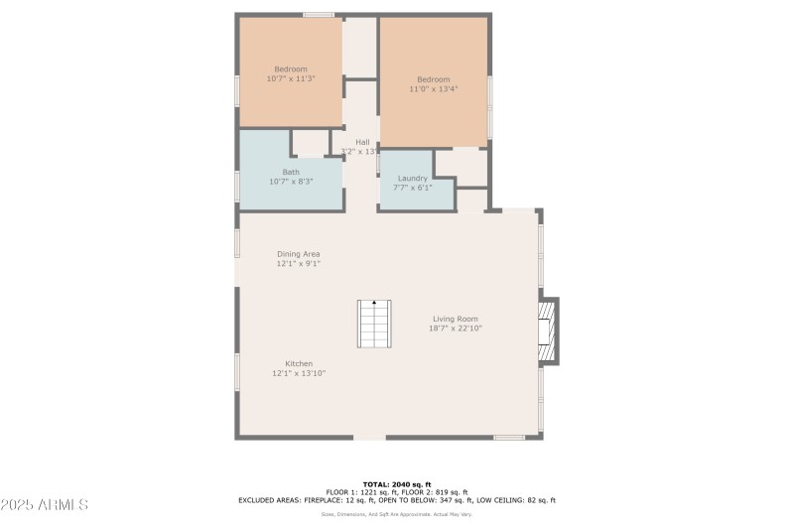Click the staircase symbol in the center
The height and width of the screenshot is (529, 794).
[x=374, y=324]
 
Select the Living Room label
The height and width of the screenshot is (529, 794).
[x=456, y=319]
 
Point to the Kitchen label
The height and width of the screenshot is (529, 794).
[x=299, y=363]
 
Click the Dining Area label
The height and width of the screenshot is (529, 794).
[x=298, y=254]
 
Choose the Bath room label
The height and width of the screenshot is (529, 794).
[x=291, y=172]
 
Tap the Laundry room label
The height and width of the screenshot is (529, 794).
[x=413, y=178]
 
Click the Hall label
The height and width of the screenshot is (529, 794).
[x=362, y=142]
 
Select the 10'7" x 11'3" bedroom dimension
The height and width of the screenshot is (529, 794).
[x=291, y=78]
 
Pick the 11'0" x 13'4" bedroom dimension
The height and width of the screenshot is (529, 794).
[x=434, y=89]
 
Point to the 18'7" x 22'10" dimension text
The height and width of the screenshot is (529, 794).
[x=456, y=329]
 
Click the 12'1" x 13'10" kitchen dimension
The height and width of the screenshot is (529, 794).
[x=299, y=373]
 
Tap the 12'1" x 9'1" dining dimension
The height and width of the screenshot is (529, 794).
[x=298, y=264]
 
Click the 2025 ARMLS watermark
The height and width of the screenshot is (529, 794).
[x=45, y=505]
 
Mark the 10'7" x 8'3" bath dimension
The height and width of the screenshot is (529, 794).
[x=291, y=182]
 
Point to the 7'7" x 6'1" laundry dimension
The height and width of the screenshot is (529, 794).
[x=413, y=187]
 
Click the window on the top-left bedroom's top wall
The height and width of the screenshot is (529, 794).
[x=318, y=15]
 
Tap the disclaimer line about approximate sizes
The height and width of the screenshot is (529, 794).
[x=397, y=514]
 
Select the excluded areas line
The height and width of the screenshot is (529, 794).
[x=397, y=500]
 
